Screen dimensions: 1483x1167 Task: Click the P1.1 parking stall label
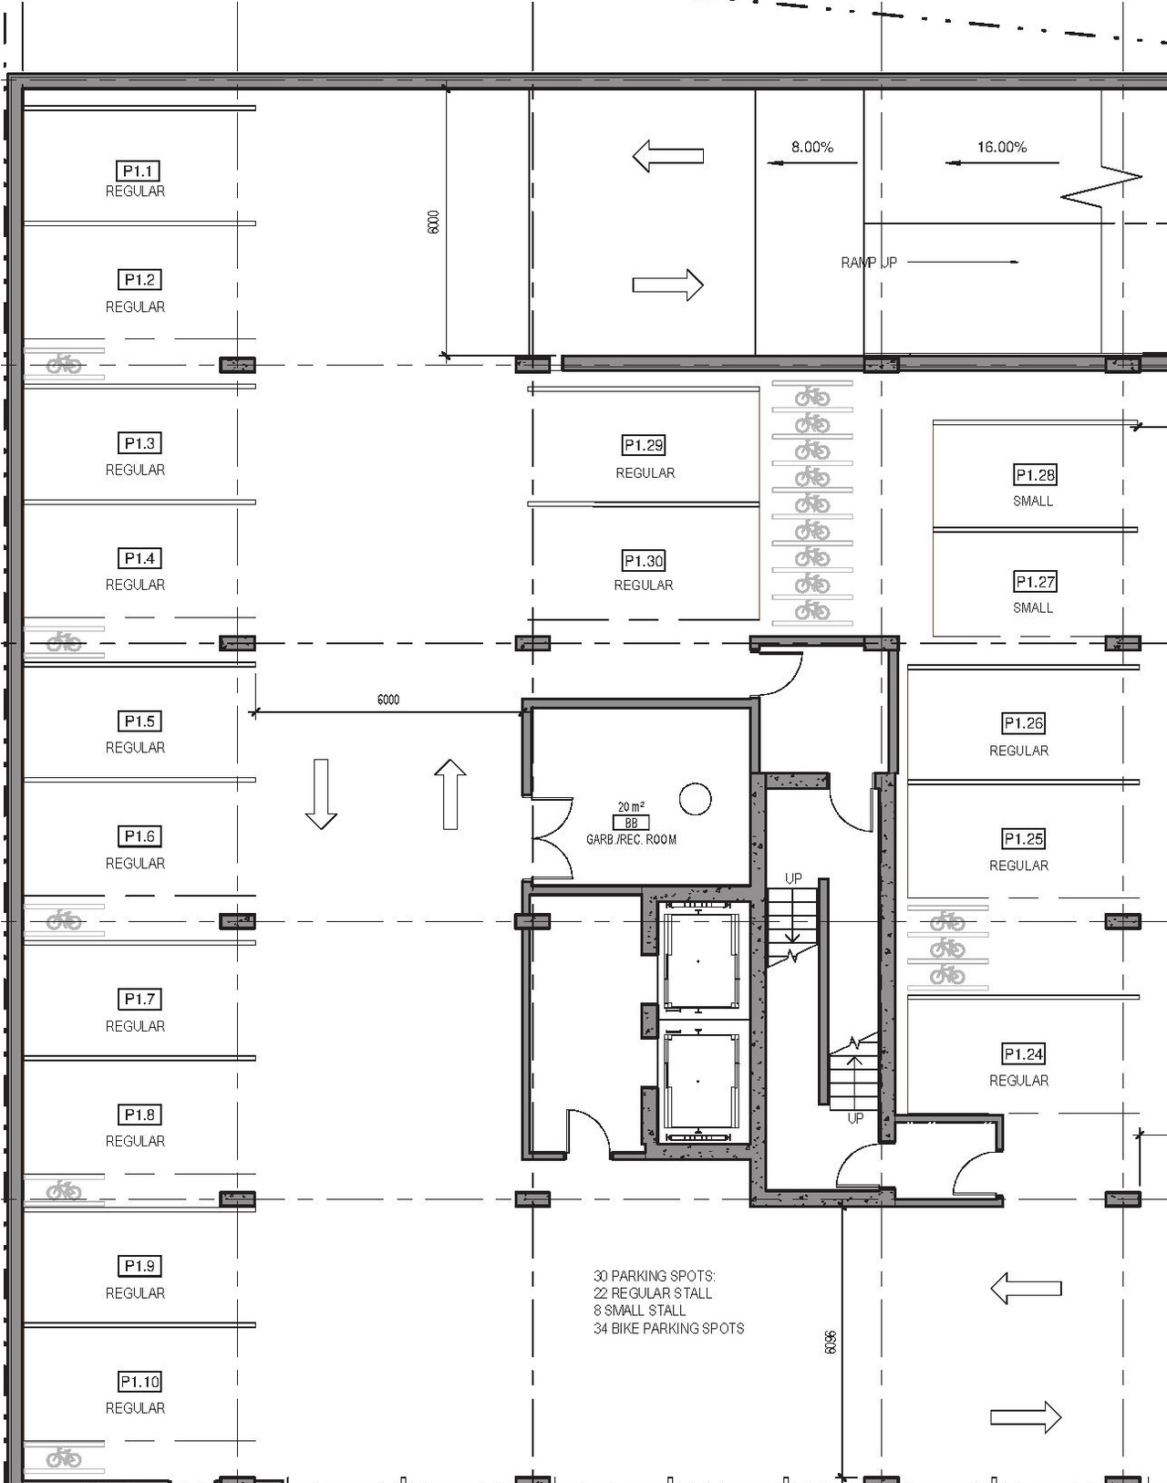coord(139,171)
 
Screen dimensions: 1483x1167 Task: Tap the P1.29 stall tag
coord(644,445)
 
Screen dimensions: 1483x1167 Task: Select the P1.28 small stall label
coord(1035,475)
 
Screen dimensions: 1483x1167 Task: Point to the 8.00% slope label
coord(811,147)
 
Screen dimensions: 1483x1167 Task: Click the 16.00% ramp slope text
coord(1001,147)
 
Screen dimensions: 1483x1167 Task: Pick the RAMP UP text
coord(868,263)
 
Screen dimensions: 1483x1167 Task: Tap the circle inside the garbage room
coord(695,799)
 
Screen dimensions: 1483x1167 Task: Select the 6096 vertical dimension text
coord(830,1342)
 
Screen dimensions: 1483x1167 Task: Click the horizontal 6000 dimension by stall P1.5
coord(388,700)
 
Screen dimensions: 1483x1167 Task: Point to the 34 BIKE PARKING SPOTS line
coord(668,1329)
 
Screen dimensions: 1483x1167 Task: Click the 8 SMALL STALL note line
coord(639,1311)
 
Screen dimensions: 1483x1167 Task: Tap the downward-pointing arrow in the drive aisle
coord(320,793)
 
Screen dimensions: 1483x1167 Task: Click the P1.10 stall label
coord(139,1382)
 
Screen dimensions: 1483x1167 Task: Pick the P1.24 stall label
coord(1023,1054)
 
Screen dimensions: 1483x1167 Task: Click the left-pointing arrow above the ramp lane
coord(668,156)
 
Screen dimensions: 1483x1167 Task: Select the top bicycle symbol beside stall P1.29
coord(811,397)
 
